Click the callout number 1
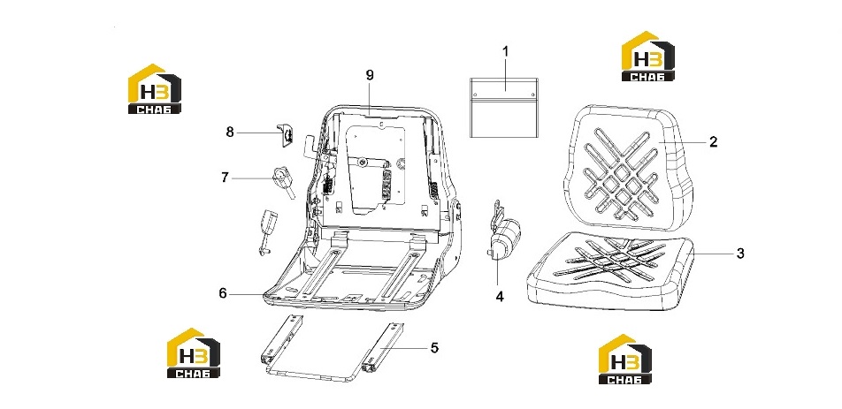click(505, 51)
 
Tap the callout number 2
click(713, 142)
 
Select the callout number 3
click(740, 253)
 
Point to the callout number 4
click(500, 296)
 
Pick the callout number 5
click(434, 348)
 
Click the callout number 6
click(223, 293)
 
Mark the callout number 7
click(225, 177)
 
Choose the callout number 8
click(230, 132)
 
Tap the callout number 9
click(370, 75)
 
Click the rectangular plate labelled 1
click(504, 107)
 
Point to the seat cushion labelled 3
click(610, 271)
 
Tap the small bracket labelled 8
click(285, 135)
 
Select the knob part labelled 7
click(283, 182)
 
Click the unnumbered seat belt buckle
click(266, 231)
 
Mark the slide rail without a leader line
click(282, 341)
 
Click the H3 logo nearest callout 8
click(155, 88)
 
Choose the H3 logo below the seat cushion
click(625, 359)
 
